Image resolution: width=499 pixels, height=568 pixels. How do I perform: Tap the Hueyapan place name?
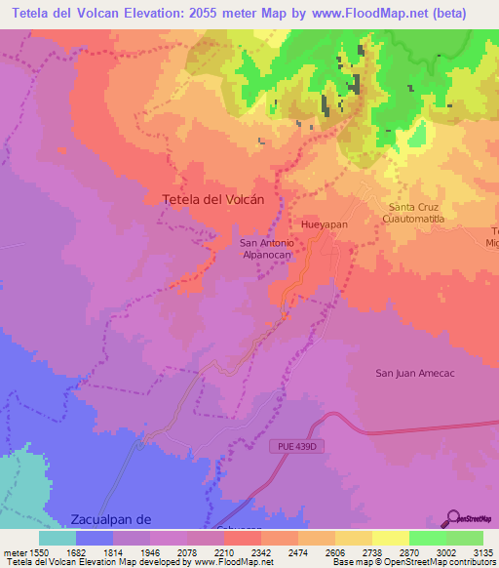(325, 223)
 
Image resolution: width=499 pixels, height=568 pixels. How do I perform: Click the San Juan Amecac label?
(415, 373)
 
